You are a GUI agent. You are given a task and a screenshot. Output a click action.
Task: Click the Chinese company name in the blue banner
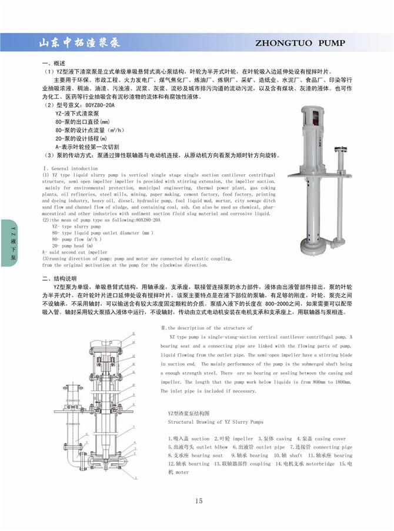(79, 42)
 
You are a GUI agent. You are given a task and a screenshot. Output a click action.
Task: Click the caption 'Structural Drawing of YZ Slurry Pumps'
(216, 422)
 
